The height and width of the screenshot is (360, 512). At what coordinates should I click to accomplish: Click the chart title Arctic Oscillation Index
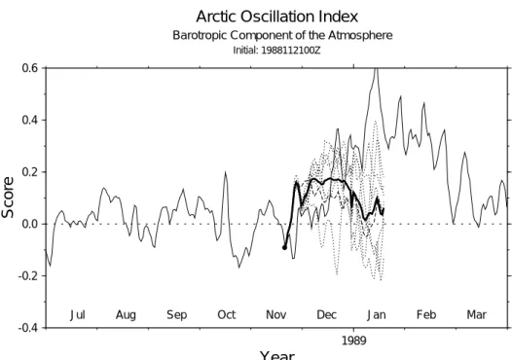pyautogui.click(x=276, y=17)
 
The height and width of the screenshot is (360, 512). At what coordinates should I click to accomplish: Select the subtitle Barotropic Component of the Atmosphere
pyautogui.click(x=282, y=35)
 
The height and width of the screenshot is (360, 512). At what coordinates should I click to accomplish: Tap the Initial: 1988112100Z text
pyautogui.click(x=276, y=51)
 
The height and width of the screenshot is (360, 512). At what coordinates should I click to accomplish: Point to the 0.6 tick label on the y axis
pyautogui.click(x=30, y=68)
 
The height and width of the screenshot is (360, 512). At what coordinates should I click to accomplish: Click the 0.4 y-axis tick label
pyautogui.click(x=30, y=120)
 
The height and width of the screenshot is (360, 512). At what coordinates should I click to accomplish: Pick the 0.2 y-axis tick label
pyautogui.click(x=30, y=171)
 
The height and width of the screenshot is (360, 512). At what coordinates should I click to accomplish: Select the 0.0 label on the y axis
pyautogui.click(x=30, y=224)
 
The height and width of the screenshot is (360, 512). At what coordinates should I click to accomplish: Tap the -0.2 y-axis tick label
pyautogui.click(x=28, y=275)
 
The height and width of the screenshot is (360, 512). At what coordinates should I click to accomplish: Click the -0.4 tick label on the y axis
pyautogui.click(x=28, y=327)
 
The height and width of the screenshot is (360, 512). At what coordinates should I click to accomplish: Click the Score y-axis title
pyautogui.click(x=8, y=198)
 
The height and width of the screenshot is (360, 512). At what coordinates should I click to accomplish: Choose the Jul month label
pyautogui.click(x=78, y=315)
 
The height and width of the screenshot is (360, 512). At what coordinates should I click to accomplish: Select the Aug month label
pyautogui.click(x=126, y=315)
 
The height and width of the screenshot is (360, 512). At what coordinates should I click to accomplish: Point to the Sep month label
pyautogui.click(x=176, y=315)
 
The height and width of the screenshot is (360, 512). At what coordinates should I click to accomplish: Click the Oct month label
pyautogui.click(x=227, y=315)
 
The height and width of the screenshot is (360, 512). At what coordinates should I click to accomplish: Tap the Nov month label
pyautogui.click(x=276, y=315)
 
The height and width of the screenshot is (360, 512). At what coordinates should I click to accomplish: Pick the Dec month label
pyautogui.click(x=326, y=315)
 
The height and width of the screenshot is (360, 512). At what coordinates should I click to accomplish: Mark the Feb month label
pyautogui.click(x=426, y=315)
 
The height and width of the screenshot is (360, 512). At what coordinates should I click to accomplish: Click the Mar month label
pyautogui.click(x=477, y=315)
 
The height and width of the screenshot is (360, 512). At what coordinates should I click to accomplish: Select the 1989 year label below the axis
pyautogui.click(x=354, y=341)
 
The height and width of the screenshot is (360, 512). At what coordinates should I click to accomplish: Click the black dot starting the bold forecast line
pyautogui.click(x=284, y=248)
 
